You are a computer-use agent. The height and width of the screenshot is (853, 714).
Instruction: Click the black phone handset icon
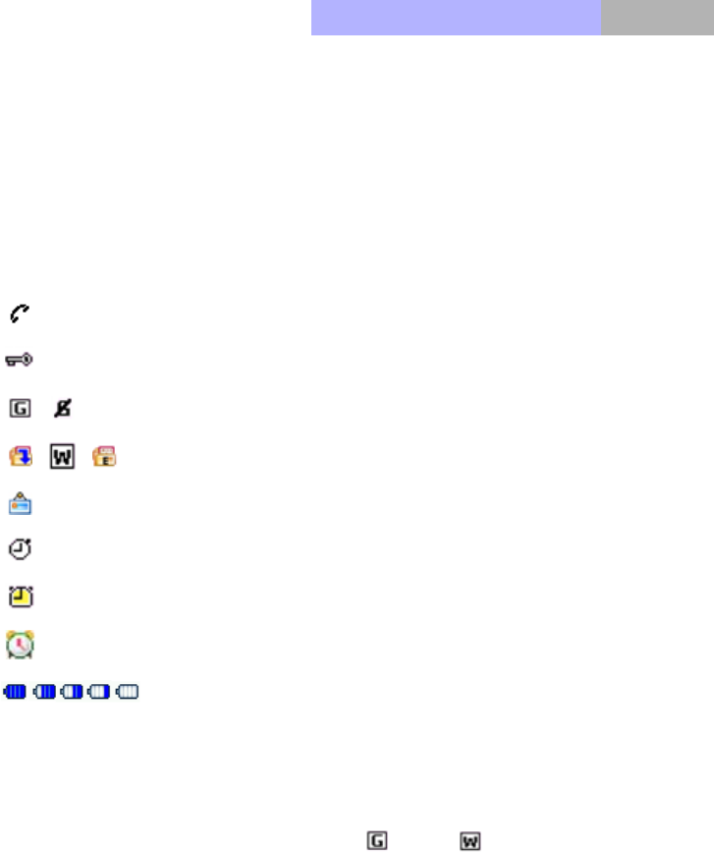(19, 313)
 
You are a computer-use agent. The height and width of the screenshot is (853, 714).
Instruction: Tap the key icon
(20, 361)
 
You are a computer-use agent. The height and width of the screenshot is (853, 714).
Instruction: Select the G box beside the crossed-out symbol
(19, 406)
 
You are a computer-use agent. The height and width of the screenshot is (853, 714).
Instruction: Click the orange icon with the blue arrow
(19, 456)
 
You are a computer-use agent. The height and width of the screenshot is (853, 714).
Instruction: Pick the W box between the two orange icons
(62, 456)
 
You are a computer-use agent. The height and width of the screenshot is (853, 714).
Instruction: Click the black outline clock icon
(20, 550)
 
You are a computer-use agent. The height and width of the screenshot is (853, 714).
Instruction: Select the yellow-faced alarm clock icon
(20, 597)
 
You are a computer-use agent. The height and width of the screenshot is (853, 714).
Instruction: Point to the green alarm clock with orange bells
(20, 645)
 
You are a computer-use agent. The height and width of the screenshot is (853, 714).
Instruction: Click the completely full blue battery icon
(16, 693)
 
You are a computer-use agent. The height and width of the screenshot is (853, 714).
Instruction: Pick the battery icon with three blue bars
(44, 693)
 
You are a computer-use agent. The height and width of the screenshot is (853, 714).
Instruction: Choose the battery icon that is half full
(72, 693)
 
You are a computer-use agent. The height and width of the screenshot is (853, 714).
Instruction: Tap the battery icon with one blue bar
(100, 693)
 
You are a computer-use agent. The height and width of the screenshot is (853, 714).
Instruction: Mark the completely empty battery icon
(129, 693)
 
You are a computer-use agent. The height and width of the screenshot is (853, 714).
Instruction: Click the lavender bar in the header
(456, 18)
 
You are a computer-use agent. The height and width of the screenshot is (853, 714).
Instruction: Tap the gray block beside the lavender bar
(657, 18)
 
